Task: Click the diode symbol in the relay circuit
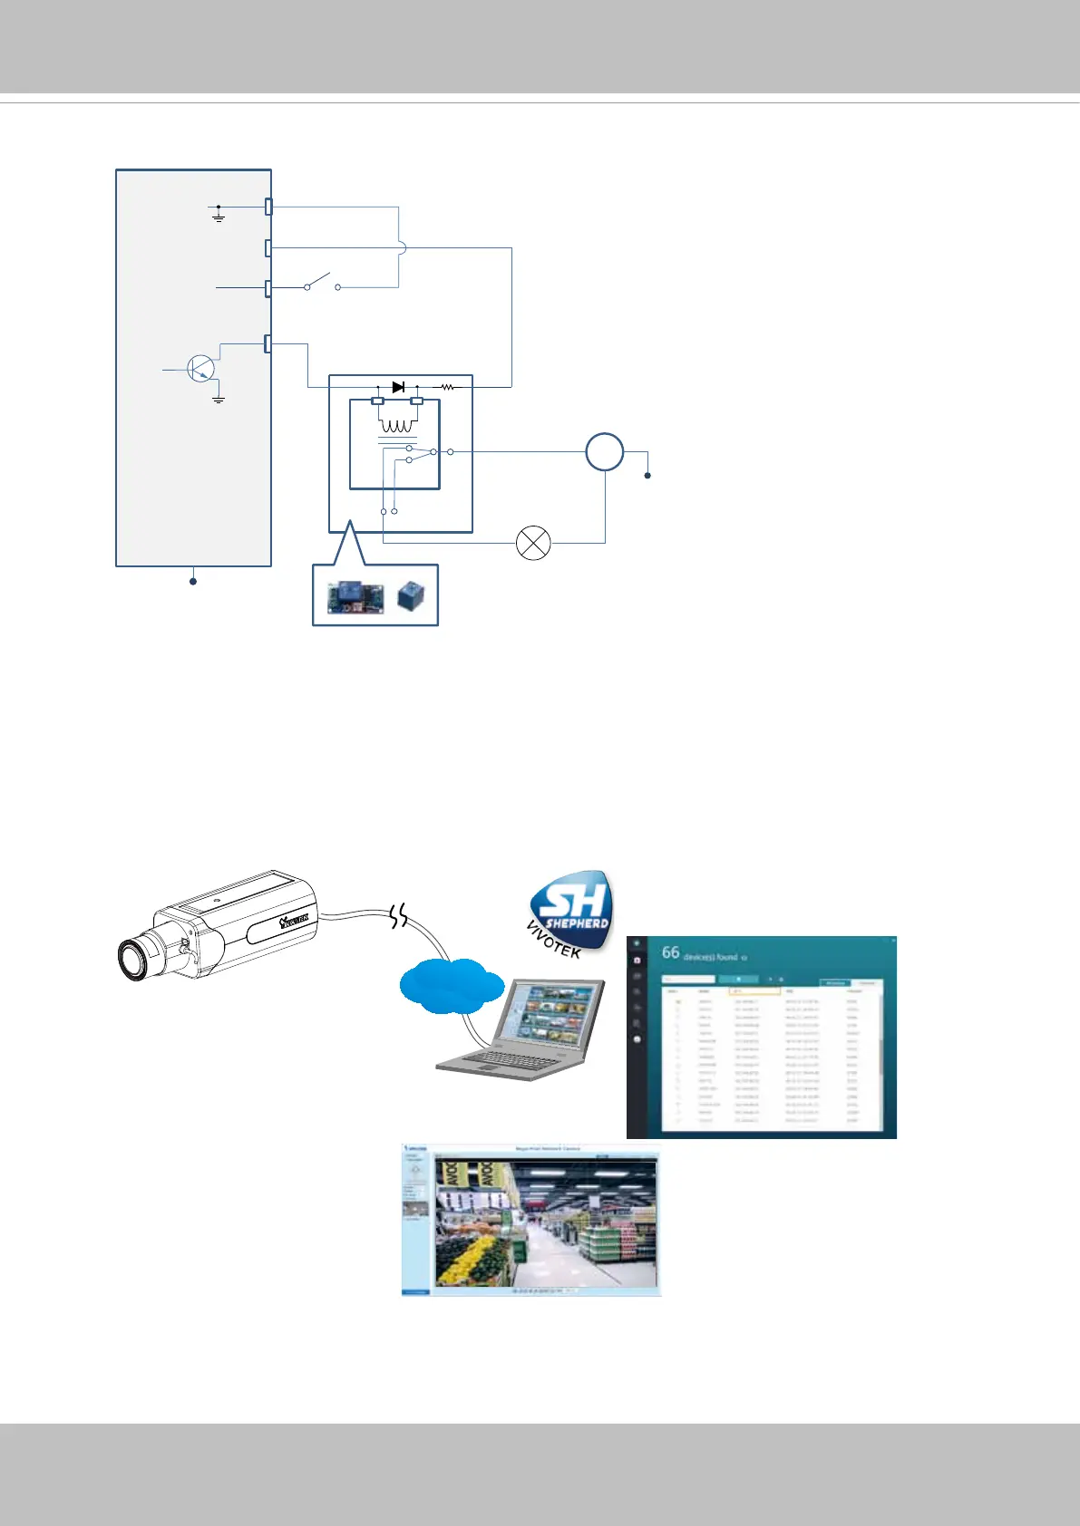click(397, 387)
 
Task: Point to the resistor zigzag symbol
click(447, 387)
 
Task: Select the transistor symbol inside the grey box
click(200, 368)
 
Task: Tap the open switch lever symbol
click(322, 281)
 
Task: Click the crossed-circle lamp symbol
click(533, 543)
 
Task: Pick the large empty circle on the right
click(604, 451)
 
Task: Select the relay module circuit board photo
click(355, 596)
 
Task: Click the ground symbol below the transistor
click(219, 398)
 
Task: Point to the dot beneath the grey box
click(193, 581)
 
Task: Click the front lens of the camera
click(134, 960)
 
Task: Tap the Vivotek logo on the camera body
click(295, 921)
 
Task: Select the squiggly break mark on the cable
click(399, 917)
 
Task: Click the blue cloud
click(452, 985)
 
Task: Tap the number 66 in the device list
click(670, 952)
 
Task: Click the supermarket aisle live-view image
click(544, 1220)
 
